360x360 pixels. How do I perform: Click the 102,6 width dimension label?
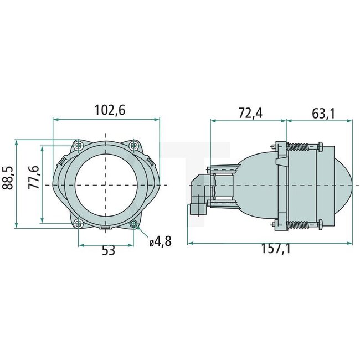(x=107, y=110)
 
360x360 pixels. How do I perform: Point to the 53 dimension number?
(x=108, y=250)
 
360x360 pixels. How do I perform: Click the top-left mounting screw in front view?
(x=79, y=145)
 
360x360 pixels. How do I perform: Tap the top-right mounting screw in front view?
(x=133, y=146)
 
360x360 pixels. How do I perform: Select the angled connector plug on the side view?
(x=198, y=197)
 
